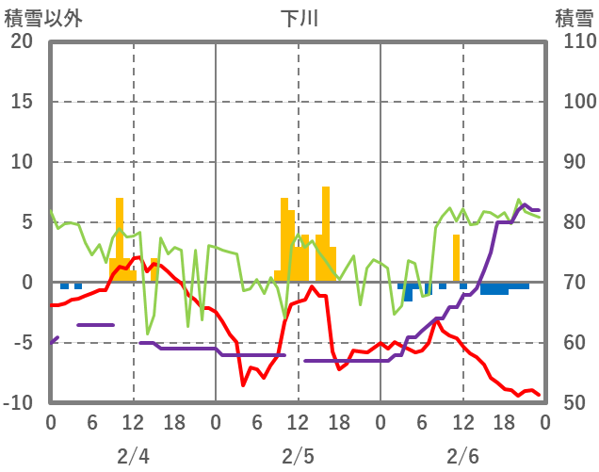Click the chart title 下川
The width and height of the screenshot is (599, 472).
pos(299,18)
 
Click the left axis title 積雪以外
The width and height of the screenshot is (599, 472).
pos(43,18)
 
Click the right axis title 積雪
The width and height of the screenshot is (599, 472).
pos(574,18)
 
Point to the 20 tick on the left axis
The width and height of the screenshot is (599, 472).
pos(22,41)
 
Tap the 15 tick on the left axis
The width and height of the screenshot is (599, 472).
pos(22,102)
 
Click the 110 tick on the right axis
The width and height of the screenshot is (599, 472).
pos(574,41)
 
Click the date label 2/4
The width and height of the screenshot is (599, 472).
pos(133,456)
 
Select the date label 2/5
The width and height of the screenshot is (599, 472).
pos(298,456)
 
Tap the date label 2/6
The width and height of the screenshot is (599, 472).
pos(462,456)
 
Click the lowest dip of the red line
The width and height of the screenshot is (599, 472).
pos(243,384)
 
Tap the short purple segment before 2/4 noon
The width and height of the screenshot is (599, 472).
pos(95,325)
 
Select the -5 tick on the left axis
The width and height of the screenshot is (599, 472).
pos(22,343)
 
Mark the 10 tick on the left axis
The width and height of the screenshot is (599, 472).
pos(22,162)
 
